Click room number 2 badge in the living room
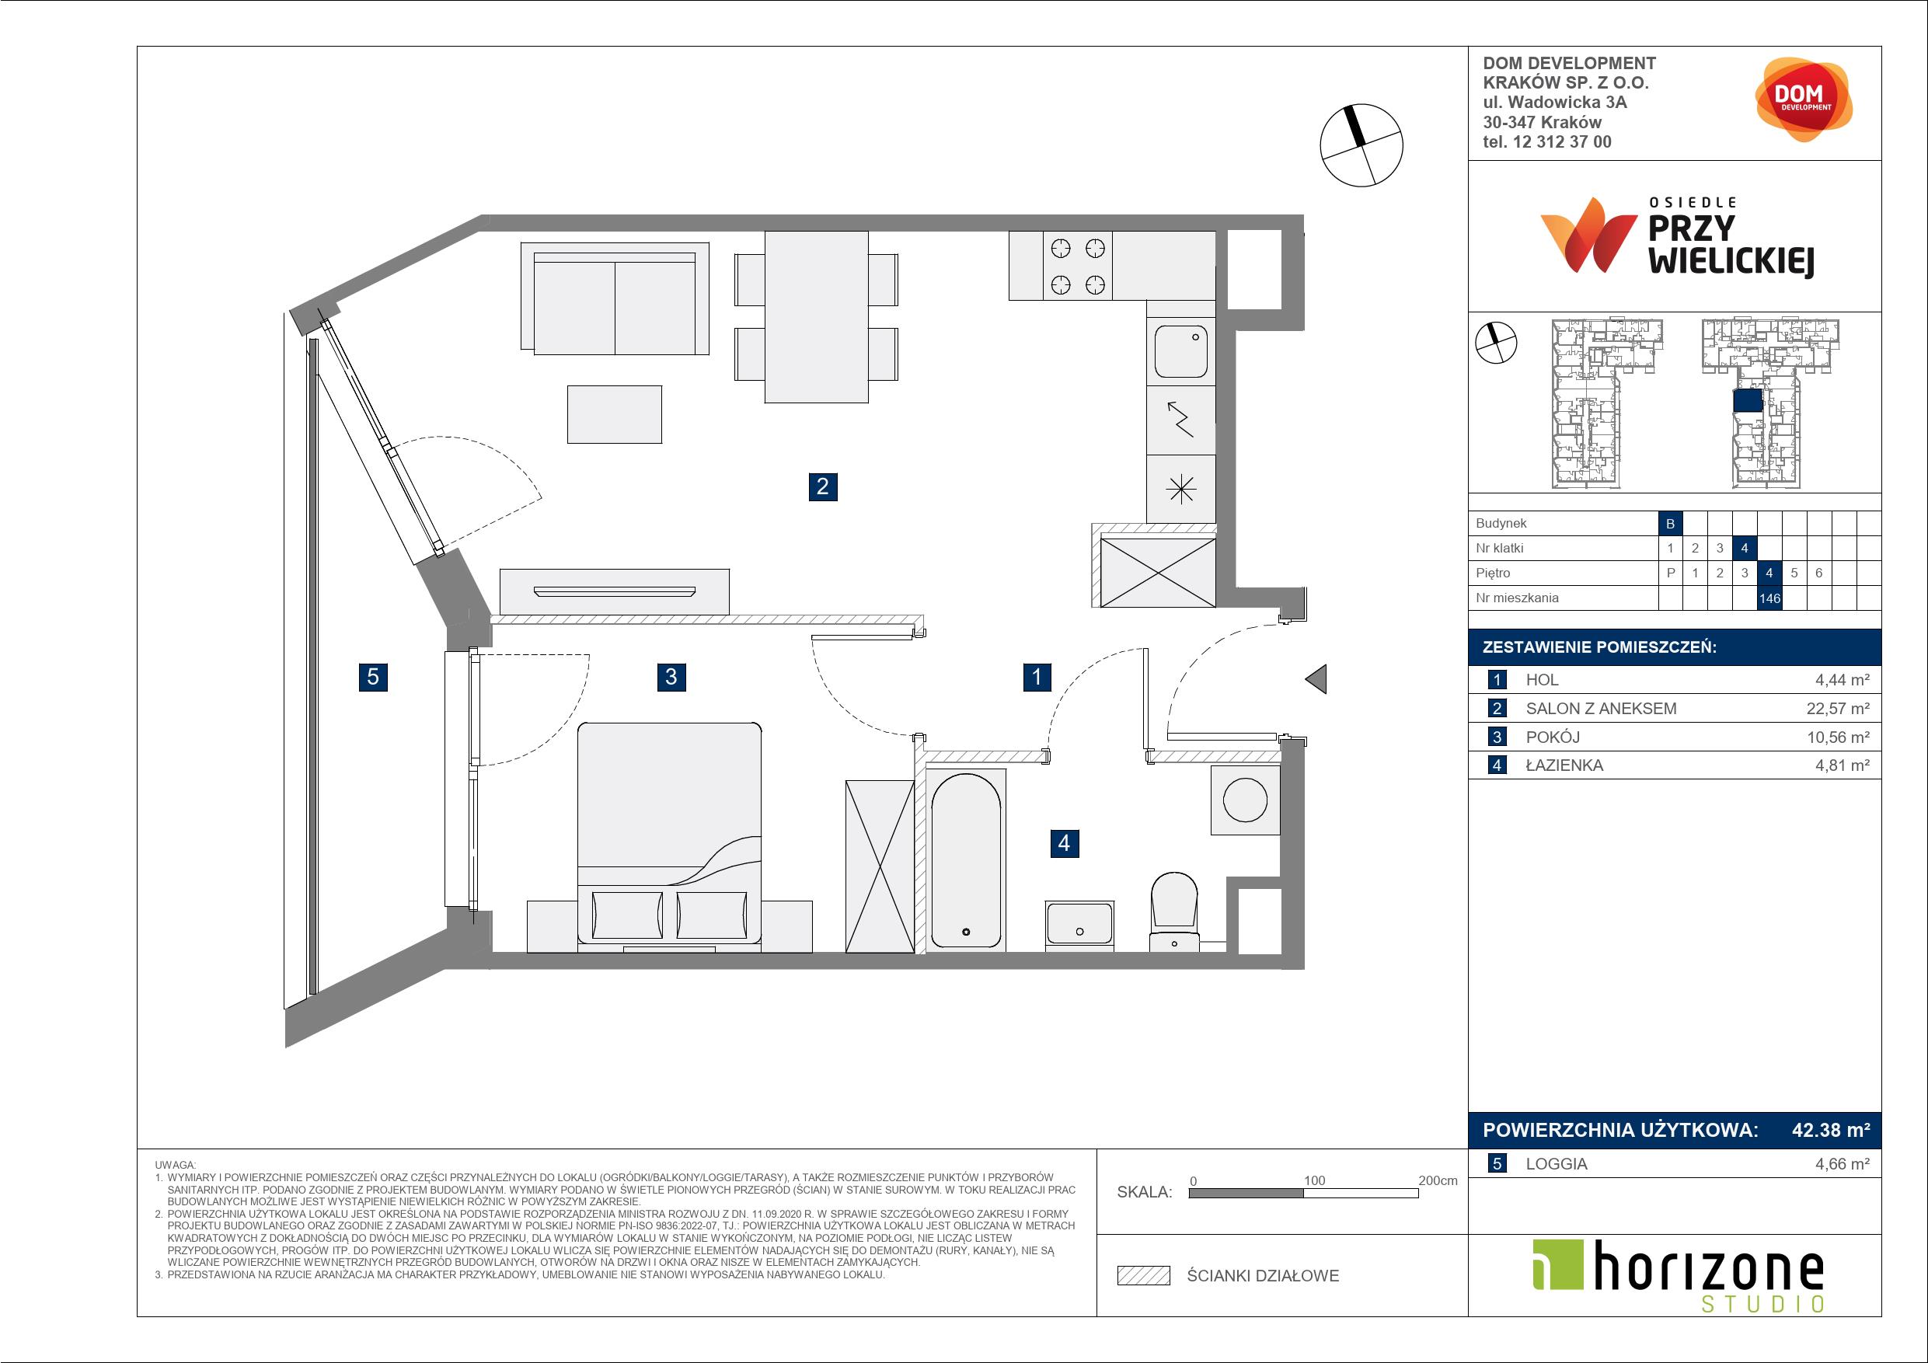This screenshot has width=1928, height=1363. point(822,486)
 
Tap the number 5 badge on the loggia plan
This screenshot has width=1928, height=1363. point(373,676)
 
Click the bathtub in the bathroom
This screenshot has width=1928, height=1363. point(966,861)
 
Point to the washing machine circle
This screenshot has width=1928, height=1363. point(1244,799)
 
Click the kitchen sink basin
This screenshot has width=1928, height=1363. point(1180,353)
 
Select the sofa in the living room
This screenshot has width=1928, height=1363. point(615,298)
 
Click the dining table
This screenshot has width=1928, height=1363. point(816,316)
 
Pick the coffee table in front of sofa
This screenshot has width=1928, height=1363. point(615,414)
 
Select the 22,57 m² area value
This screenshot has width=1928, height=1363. point(1838,708)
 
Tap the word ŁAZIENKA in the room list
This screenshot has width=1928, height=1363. point(1564,765)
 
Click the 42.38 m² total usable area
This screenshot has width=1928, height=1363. point(1831,1131)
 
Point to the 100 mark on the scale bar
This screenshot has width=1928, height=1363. point(1314,1180)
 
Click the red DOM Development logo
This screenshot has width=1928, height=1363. point(1803,99)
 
